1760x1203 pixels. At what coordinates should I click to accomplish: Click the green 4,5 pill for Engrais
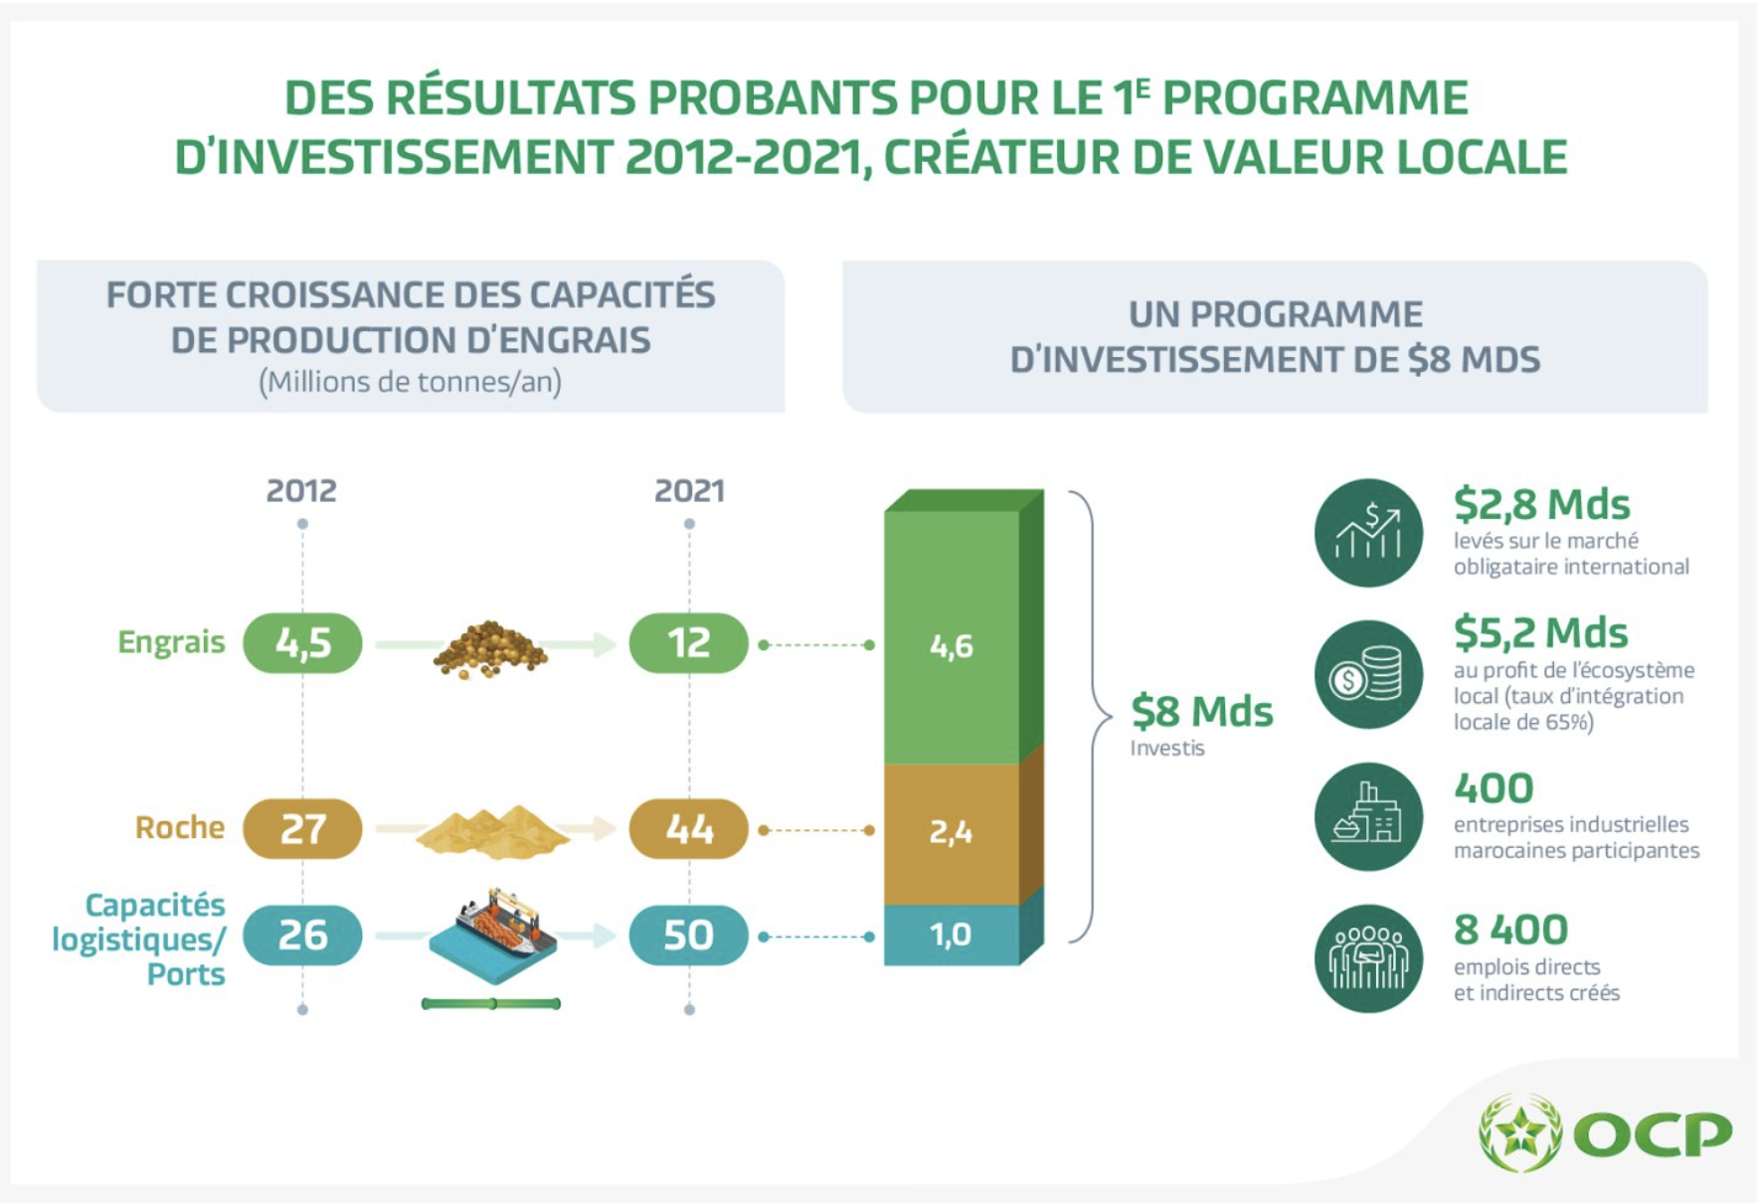click(x=302, y=643)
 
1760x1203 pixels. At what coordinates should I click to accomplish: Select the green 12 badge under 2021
click(x=688, y=643)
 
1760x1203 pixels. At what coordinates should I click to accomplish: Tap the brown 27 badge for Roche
click(x=302, y=828)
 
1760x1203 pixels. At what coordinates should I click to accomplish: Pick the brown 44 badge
click(x=688, y=828)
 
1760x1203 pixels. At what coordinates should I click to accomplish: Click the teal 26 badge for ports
click(x=302, y=935)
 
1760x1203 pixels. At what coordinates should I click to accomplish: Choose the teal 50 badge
click(x=688, y=935)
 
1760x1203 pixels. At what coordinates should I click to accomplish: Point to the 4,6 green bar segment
click(x=952, y=646)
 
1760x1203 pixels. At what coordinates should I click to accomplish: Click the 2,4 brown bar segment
click(x=952, y=832)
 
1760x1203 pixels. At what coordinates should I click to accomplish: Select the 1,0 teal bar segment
click(x=952, y=935)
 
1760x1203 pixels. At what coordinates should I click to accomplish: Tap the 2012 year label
click(x=301, y=491)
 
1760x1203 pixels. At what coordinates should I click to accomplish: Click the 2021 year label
click(x=689, y=491)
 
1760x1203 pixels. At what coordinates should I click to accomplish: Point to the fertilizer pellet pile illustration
click(x=489, y=649)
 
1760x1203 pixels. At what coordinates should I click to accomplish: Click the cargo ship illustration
click(x=493, y=935)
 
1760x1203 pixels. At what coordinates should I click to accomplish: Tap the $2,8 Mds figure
click(x=1541, y=505)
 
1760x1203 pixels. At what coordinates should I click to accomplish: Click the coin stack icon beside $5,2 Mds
click(x=1368, y=675)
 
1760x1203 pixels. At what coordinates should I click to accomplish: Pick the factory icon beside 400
click(x=1368, y=816)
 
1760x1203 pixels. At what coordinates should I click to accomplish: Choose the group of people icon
click(x=1368, y=958)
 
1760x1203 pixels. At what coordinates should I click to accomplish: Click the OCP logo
click(x=1605, y=1132)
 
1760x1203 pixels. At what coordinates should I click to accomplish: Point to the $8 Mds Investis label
click(x=1201, y=724)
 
